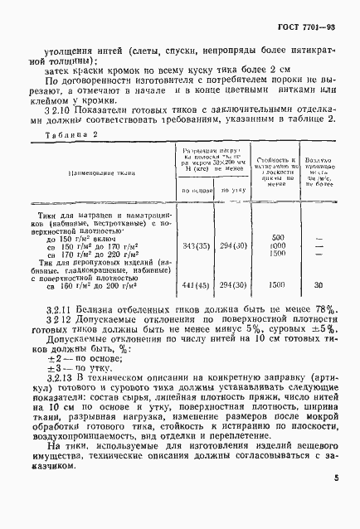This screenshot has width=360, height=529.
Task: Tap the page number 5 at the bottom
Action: pos(336,501)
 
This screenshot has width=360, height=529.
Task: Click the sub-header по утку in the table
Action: pos(239,214)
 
